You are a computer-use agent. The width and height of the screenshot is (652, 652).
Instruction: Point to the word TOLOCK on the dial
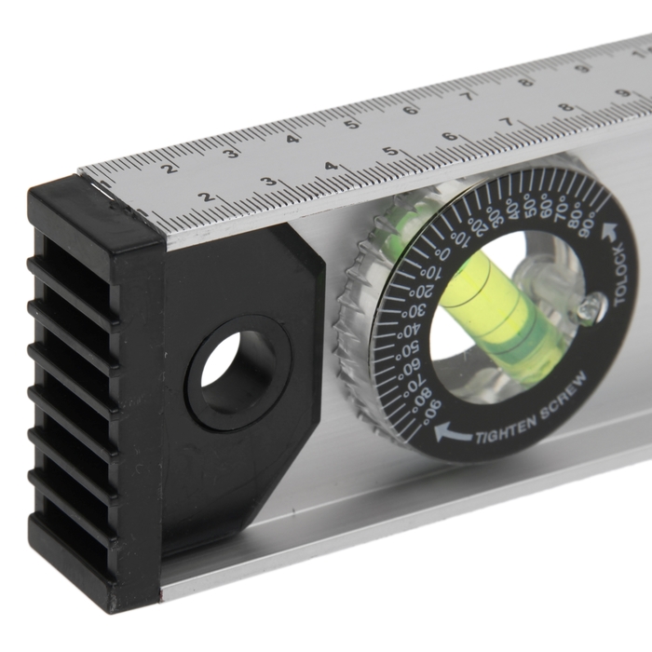620,276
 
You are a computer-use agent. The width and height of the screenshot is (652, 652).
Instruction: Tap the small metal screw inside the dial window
591,308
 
